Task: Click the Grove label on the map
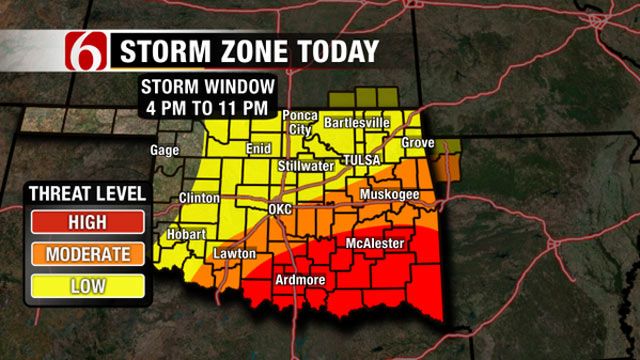tap(418, 143)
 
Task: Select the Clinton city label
tap(200, 197)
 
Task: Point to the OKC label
tap(281, 209)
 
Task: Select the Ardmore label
tap(300, 280)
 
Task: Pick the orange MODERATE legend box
tap(87, 254)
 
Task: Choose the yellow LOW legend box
tap(87, 286)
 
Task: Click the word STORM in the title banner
tap(162, 50)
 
